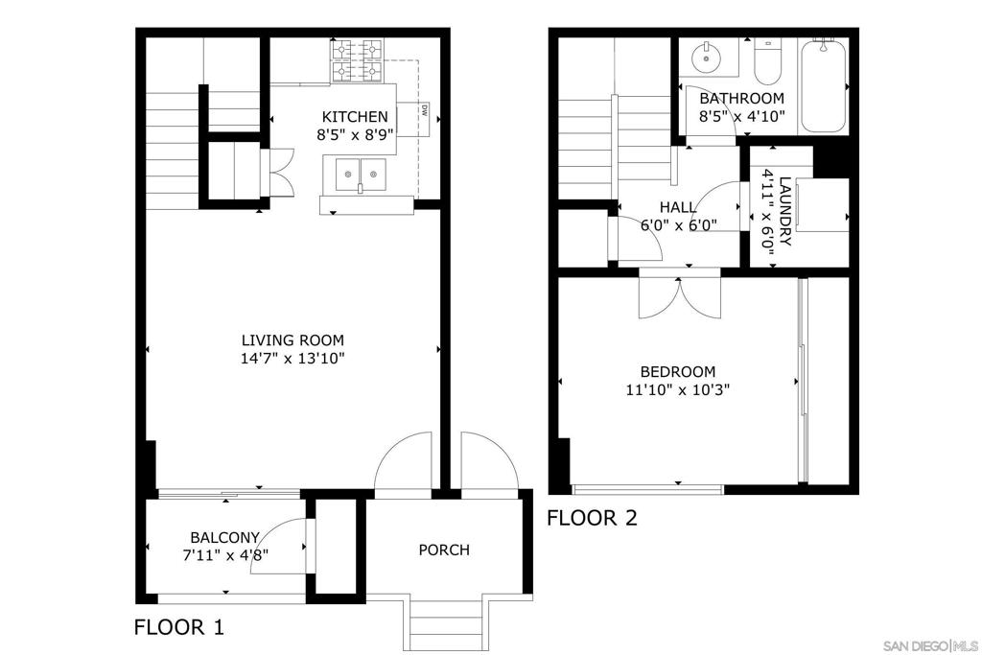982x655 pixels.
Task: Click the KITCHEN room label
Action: (x=355, y=116)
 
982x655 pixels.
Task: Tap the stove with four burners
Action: (x=357, y=60)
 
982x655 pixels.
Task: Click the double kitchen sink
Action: (x=361, y=175)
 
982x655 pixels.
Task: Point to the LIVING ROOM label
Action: (x=292, y=340)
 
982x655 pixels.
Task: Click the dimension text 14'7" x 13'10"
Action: (x=292, y=359)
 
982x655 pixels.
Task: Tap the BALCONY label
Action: (x=224, y=537)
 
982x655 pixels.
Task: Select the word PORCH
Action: (x=444, y=550)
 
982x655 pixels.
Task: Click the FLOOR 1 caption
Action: (x=179, y=627)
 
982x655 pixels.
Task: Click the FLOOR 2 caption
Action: (x=592, y=518)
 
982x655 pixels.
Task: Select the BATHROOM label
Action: (x=741, y=99)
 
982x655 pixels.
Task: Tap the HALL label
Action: (x=678, y=207)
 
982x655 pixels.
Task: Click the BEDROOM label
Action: (x=678, y=371)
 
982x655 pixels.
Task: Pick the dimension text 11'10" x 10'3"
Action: (x=678, y=390)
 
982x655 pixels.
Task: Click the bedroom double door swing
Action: (x=680, y=295)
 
